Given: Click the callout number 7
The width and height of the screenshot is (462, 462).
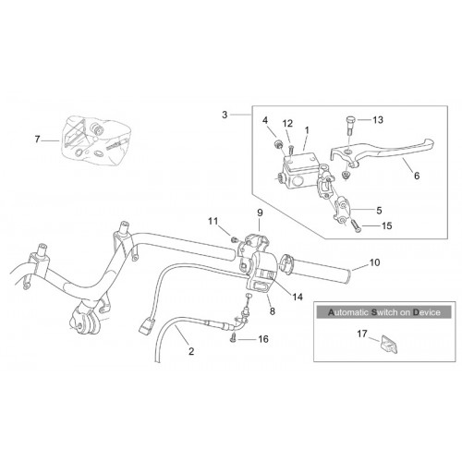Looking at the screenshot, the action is pyautogui.click(x=37, y=140).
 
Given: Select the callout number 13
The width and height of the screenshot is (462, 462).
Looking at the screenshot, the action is pyautogui.click(x=378, y=119).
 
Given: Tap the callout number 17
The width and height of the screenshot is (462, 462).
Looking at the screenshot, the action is pyautogui.click(x=362, y=334).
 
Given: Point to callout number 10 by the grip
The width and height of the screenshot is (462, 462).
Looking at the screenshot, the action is pyautogui.click(x=374, y=262).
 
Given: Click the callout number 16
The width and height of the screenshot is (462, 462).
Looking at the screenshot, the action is pyautogui.click(x=263, y=339).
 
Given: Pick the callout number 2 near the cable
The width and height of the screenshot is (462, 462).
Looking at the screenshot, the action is pyautogui.click(x=191, y=351).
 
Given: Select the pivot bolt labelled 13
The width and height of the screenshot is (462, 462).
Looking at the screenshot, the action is pyautogui.click(x=350, y=124).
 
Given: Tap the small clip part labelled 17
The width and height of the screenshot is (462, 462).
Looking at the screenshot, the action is pyautogui.click(x=388, y=344).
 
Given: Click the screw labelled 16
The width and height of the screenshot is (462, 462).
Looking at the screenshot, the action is pyautogui.click(x=233, y=338).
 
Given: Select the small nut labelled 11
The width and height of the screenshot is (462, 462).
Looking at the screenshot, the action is pyautogui.click(x=234, y=239).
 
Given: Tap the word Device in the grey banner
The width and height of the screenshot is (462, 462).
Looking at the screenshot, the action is pyautogui.click(x=427, y=312).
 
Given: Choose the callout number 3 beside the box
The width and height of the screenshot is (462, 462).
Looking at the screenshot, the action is pyautogui.click(x=225, y=115).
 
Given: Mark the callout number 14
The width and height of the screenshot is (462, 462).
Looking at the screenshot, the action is pyautogui.click(x=298, y=297).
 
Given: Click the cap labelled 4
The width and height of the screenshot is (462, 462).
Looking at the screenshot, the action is pyautogui.click(x=278, y=143).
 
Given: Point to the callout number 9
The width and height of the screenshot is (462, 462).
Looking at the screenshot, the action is pyautogui.click(x=260, y=213).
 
